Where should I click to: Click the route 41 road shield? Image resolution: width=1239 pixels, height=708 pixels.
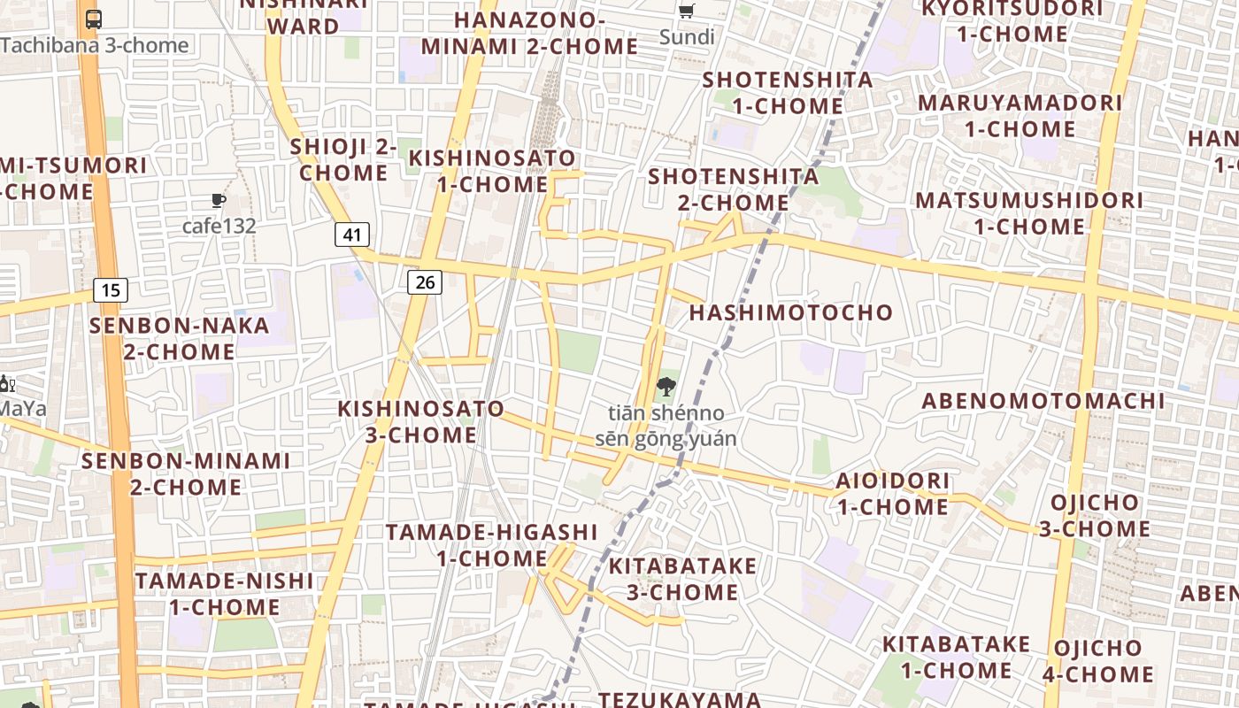pyautogui.click(x=352, y=235)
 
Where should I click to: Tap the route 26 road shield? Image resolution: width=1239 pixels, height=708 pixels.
pyautogui.click(x=425, y=282)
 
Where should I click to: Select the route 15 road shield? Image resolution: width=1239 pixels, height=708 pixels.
pyautogui.click(x=110, y=289)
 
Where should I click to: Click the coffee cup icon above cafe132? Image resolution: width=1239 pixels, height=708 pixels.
pyautogui.click(x=218, y=201)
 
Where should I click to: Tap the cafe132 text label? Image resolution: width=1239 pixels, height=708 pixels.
pyautogui.click(x=219, y=226)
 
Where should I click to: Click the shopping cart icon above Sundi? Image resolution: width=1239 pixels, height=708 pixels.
pyautogui.click(x=686, y=12)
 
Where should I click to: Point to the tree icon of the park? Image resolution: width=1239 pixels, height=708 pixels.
pyautogui.click(x=666, y=387)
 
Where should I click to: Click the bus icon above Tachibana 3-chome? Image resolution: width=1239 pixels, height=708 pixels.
pyautogui.click(x=94, y=19)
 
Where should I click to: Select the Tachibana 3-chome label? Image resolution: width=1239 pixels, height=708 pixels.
pyautogui.click(x=95, y=45)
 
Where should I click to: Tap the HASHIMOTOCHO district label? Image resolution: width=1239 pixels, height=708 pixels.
pyautogui.click(x=791, y=312)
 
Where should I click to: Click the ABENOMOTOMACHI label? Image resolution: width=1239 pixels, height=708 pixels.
pyautogui.click(x=1043, y=401)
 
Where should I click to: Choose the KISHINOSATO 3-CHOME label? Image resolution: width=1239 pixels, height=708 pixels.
pyautogui.click(x=421, y=422)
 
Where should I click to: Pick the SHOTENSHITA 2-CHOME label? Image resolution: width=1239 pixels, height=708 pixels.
pyautogui.click(x=734, y=189)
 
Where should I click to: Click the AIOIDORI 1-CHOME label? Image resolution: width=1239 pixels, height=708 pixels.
pyautogui.click(x=893, y=494)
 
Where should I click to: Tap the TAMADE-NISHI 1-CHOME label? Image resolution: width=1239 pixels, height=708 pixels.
pyautogui.click(x=225, y=594)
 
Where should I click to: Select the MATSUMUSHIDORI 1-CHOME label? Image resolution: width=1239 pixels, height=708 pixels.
pyautogui.click(x=1029, y=212)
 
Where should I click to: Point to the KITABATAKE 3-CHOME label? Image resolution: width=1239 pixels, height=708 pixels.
pyautogui.click(x=682, y=579)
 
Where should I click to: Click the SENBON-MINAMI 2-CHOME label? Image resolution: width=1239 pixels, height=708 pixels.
pyautogui.click(x=186, y=473)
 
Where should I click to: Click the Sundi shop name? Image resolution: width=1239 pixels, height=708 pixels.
pyautogui.click(x=687, y=37)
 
